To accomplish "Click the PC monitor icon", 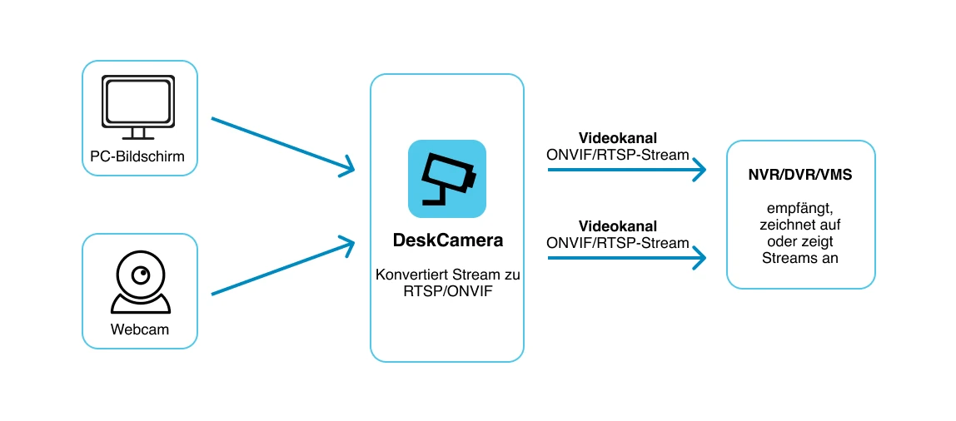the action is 138,107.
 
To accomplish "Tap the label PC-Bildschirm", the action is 137,156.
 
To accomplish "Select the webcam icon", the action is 140,281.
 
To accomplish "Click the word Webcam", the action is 140,329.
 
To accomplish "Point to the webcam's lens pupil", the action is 142,275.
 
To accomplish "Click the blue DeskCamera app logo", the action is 447,179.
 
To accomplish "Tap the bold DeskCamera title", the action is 447,240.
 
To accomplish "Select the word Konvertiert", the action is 411,275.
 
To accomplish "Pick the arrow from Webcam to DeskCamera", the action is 282,266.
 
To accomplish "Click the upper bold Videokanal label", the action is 618,137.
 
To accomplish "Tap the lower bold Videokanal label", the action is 618,226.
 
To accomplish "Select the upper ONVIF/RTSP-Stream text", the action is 618,155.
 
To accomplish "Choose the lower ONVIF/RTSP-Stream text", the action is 618,243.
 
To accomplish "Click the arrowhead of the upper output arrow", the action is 698,170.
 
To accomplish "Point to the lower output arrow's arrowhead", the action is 698,258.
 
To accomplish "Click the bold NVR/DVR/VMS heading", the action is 800,175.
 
